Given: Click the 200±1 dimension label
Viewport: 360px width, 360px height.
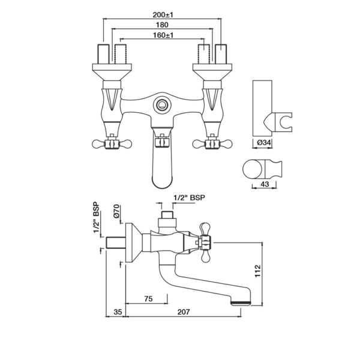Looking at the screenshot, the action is [163, 15].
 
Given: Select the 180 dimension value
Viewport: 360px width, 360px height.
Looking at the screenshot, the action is [162, 25].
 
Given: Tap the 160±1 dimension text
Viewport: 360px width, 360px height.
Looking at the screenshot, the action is [163, 35].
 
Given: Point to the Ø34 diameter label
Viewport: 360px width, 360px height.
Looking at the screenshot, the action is [264, 143].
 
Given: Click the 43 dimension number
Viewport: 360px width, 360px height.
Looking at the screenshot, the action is [265, 184].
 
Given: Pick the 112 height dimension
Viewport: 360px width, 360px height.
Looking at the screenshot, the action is [258, 271].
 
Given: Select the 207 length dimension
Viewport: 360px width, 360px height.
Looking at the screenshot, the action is [184, 312].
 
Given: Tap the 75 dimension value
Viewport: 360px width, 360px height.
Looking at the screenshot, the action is [148, 299].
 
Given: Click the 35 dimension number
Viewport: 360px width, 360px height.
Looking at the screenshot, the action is [118, 312].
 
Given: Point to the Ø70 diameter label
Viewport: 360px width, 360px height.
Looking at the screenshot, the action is [116, 211].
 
